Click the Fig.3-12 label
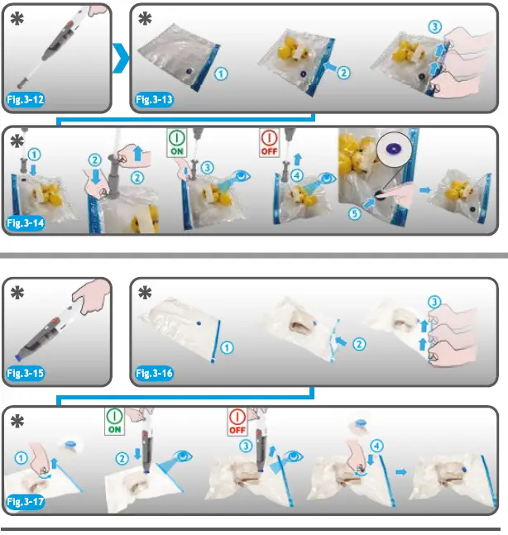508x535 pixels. click(x=26, y=99)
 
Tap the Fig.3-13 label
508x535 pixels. click(x=155, y=99)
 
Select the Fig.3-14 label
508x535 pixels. click(x=26, y=223)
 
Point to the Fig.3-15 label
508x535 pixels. click(x=26, y=373)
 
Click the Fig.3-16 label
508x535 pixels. click(x=155, y=373)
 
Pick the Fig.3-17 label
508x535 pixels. click(x=26, y=502)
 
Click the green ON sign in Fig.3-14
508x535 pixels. click(x=177, y=142)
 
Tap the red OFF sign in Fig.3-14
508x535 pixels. click(x=270, y=142)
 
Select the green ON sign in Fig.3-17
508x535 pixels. click(x=115, y=422)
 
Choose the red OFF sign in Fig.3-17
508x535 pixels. click(x=237, y=422)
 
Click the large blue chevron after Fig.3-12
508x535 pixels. click(x=121, y=58)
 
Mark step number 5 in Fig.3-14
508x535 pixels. click(x=355, y=214)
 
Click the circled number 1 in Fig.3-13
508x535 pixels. click(x=221, y=74)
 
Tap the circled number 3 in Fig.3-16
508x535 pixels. click(x=434, y=302)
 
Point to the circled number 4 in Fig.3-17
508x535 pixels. click(x=377, y=446)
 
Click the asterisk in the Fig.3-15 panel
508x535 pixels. click(x=17, y=293)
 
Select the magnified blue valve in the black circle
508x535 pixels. click(x=395, y=148)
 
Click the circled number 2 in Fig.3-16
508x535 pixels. click(x=359, y=344)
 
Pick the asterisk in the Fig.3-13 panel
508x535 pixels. click(x=145, y=18)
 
